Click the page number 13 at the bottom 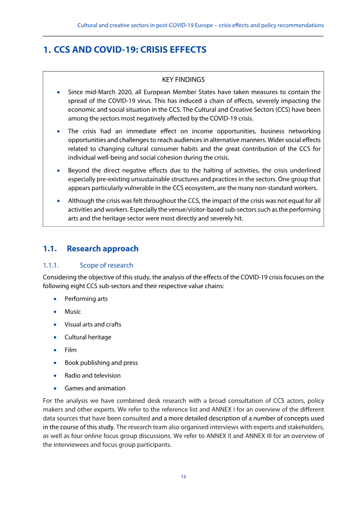pos(183,477)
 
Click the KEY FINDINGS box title pos(183,80)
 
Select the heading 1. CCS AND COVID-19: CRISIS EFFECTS pos(125,50)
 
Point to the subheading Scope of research pos(106,265)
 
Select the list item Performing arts pos(86,299)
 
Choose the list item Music pos(72,311)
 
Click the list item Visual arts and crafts pos(93,324)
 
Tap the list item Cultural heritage pos(88,337)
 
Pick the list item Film pos(71,350)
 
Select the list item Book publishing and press pos(101,363)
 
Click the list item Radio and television pos(92,375)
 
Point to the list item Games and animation pos(95,388)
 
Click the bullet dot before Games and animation pos(55,388)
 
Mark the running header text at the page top pos(200,25)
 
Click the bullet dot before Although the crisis pos(58,201)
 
